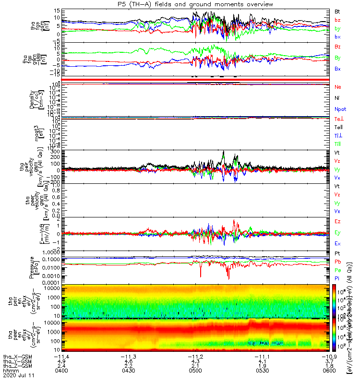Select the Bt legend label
click(x=337, y=11)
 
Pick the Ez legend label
click(x=337, y=222)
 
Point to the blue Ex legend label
click(x=337, y=244)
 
